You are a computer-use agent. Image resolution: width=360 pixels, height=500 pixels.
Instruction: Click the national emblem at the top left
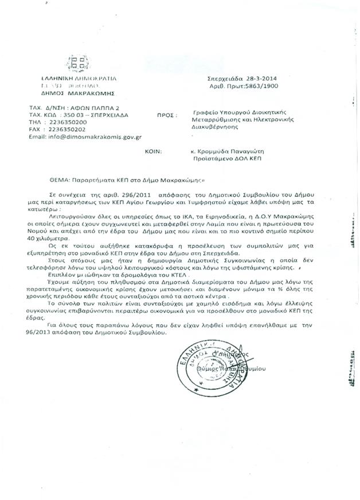[x=75, y=63]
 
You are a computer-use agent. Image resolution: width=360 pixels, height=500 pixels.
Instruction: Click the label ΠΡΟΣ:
[x=165, y=115]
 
